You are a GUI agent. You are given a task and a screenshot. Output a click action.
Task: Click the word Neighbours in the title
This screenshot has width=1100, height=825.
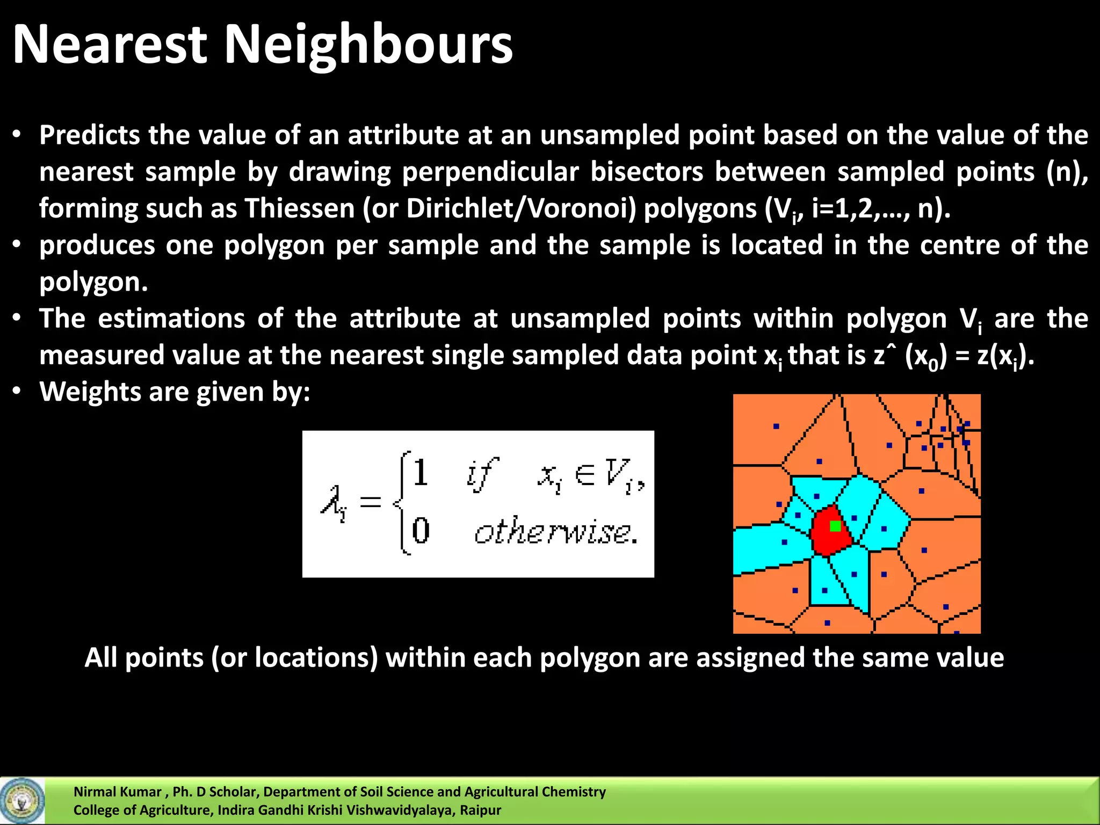point(368,45)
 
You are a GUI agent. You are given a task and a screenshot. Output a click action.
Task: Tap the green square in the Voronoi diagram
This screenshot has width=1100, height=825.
point(835,526)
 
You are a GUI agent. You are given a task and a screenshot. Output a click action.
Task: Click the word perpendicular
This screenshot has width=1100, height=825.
point(490,172)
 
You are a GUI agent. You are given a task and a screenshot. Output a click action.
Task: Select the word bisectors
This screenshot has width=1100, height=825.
point(647,172)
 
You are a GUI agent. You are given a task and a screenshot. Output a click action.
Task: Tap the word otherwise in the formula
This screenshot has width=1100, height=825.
point(555,532)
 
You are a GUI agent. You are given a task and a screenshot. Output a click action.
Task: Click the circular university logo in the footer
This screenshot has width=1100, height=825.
point(22,801)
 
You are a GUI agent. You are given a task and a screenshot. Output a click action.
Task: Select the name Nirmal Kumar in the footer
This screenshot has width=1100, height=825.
point(117,792)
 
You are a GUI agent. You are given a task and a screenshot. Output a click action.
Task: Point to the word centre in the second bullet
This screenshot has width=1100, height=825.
point(959,245)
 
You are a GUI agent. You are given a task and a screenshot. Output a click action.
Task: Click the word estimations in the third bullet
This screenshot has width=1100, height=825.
point(171,319)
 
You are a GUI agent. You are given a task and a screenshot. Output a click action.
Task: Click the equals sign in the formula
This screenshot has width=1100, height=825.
point(370,503)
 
